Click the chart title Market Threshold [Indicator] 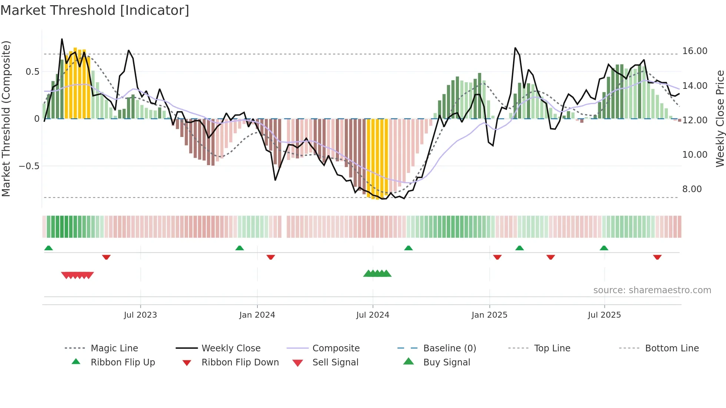coord(95,10)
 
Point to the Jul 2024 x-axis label coord(373,315)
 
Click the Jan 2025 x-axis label coord(489,315)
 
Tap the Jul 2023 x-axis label coord(140,315)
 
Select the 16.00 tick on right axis coord(695,51)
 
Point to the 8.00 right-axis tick coord(692,189)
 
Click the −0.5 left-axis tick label coord(29,166)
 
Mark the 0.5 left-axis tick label coord(32,71)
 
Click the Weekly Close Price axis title coord(720,118)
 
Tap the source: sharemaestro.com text coord(652,290)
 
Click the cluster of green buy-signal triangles coord(377,274)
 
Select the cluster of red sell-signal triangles coord(77,275)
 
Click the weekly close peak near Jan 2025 coord(515,48)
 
